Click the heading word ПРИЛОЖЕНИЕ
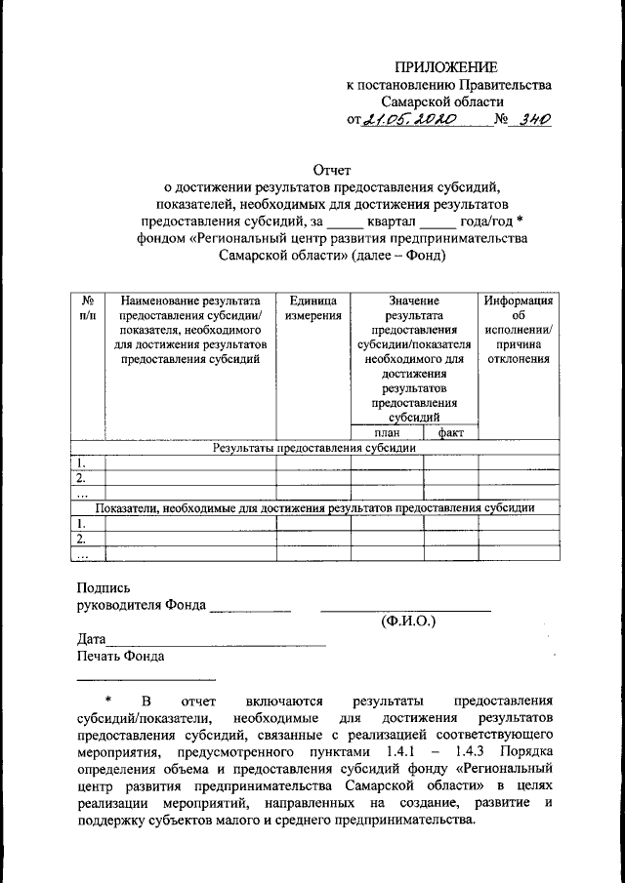445,67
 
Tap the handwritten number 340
535,120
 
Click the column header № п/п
88,308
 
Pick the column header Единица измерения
312,308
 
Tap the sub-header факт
450,432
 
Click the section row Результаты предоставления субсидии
315,448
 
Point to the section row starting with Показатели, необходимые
314,507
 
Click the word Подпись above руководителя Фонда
104,588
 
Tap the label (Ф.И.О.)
406,622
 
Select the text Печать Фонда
120,657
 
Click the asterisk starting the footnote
109,701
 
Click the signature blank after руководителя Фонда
250,609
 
